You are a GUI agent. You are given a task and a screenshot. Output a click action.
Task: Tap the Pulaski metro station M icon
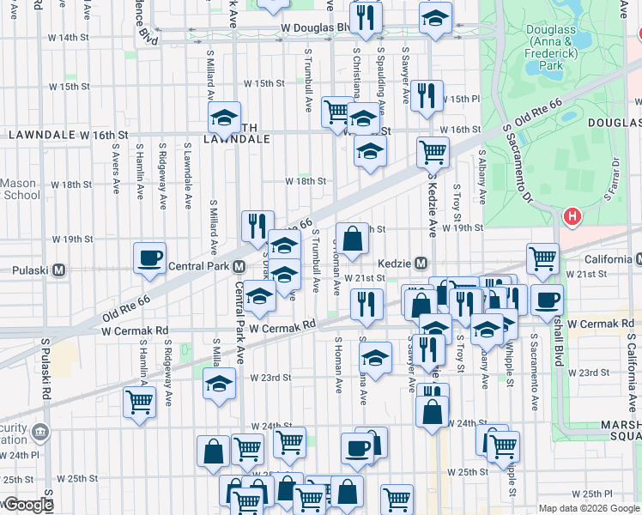click(59, 270)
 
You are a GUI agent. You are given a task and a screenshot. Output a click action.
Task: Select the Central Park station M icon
click(239, 266)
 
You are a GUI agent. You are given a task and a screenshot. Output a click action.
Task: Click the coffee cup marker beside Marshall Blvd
click(548, 300)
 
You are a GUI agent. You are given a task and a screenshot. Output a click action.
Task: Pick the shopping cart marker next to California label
click(542, 258)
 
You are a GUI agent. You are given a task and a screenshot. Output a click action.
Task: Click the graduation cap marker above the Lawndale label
click(225, 118)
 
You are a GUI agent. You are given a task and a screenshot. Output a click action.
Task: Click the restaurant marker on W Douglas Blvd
click(366, 18)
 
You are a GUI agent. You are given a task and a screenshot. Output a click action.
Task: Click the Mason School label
click(19, 189)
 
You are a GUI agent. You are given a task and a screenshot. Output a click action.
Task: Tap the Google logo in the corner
click(27, 505)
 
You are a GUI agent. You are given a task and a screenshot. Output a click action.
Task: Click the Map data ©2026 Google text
click(589, 508)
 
